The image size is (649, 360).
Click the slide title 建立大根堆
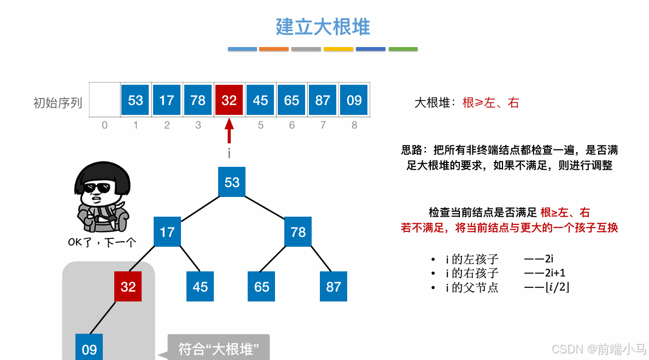tap(323, 27)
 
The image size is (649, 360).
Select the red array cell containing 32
tap(229, 100)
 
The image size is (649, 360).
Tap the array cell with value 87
tap(323, 100)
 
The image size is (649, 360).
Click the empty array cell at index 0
tap(104, 100)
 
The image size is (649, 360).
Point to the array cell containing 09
tap(354, 100)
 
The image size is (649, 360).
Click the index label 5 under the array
tap(261, 125)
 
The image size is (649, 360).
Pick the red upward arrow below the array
tap(229, 132)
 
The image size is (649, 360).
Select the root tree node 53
tap(232, 182)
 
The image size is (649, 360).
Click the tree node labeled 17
tap(167, 231)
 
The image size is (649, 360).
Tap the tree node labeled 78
tap(298, 231)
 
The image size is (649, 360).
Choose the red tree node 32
tap(128, 287)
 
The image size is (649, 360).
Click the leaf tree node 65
tap(262, 287)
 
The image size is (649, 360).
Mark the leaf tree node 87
tap(334, 287)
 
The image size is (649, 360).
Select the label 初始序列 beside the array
tap(58, 102)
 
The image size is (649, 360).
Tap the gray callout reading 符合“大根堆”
tap(218, 349)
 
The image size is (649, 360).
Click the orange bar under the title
tap(274, 49)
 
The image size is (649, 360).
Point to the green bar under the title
tap(403, 49)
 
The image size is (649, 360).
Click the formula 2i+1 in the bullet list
tap(555, 273)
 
